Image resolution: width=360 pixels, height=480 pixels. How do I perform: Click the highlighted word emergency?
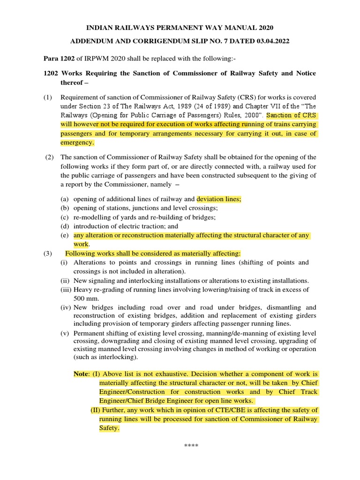pyautogui.click(x=77, y=142)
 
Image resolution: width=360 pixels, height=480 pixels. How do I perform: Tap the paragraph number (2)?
pyautogui.click(x=51, y=157)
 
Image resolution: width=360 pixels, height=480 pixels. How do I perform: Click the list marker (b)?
pyautogui.click(x=66, y=208)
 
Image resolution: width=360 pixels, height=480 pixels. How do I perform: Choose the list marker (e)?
pyautogui.click(x=66, y=235)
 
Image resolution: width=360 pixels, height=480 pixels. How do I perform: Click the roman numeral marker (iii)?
pyautogui.click(x=66, y=290)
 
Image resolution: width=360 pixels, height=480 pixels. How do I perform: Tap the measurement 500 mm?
pyautogui.click(x=85, y=299)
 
